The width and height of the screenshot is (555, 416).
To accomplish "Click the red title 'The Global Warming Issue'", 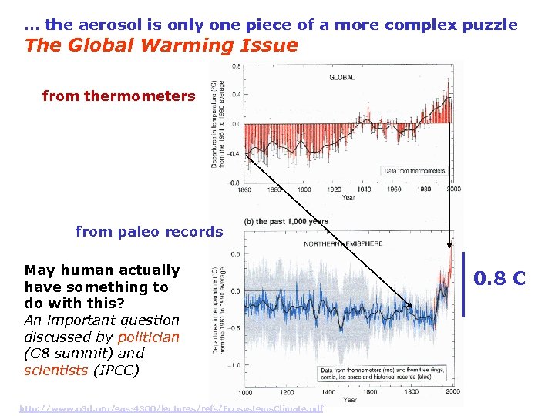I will coord(161,45).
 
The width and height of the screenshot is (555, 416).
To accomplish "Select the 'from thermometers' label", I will coord(119,96).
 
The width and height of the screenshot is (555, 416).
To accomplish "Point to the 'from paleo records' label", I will coord(149,231).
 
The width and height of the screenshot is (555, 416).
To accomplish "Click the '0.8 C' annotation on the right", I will coord(499,278).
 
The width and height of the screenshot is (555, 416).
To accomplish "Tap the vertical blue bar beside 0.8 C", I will coord(464,283).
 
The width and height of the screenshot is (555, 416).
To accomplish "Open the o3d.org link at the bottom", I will coord(171,408).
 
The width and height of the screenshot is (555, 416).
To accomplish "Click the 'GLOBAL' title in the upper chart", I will coord(342,78).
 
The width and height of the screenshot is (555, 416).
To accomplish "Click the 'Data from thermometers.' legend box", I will coord(414,170).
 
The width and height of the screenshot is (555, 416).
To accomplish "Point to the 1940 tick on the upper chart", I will coord(364,190).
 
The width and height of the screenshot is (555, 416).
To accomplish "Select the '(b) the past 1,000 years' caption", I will coord(286,222).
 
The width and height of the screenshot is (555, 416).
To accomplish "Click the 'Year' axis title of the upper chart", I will coord(348,197).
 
